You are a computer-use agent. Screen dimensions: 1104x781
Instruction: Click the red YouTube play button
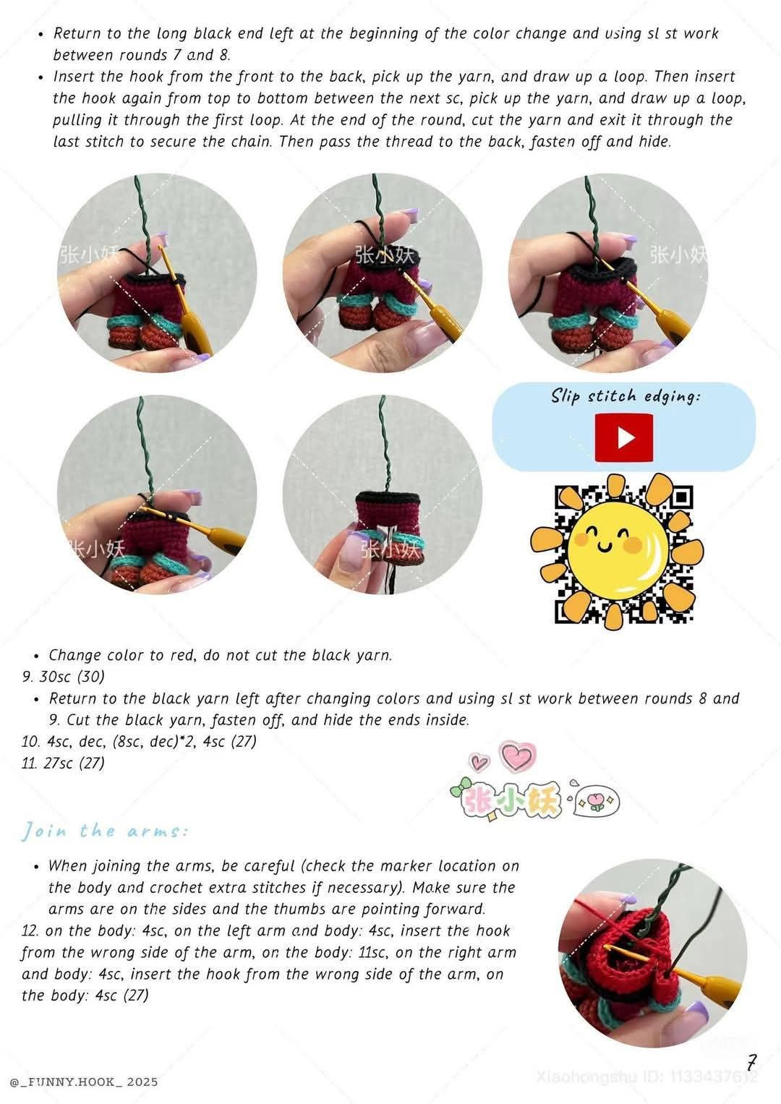(x=623, y=437)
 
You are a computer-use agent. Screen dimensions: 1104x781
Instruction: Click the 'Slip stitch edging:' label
(x=626, y=396)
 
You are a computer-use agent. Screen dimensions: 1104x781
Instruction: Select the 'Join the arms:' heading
(x=105, y=831)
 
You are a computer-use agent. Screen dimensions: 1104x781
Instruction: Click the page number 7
(x=751, y=1063)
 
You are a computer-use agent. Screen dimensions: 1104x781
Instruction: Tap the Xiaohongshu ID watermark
(x=647, y=1077)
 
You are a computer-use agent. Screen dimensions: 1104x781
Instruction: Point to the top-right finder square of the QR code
(x=680, y=497)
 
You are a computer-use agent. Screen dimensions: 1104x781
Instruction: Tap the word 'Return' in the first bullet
(x=77, y=33)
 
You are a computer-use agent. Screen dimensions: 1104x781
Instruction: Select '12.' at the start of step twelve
(x=31, y=931)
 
